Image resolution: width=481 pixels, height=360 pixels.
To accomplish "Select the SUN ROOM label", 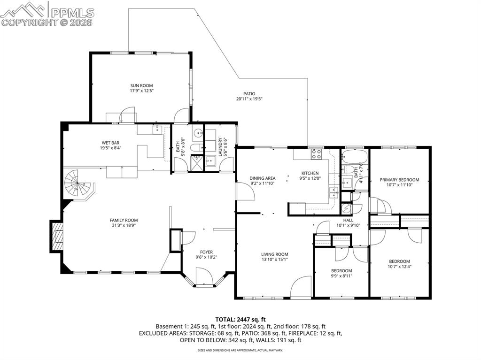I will (x=142, y=85).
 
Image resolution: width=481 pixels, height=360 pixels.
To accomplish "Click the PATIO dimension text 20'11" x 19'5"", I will (x=249, y=99).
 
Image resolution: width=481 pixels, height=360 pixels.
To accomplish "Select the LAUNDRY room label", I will (x=219, y=147).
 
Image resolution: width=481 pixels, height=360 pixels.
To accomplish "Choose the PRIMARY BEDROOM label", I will (x=399, y=179).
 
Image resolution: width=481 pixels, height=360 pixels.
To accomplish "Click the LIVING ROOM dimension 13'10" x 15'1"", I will (x=274, y=260).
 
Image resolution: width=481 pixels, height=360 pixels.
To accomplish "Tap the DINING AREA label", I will (x=263, y=178).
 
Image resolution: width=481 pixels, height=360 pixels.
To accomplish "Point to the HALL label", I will (x=348, y=220).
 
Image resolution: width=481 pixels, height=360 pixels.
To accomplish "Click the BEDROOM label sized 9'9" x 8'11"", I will (x=341, y=270).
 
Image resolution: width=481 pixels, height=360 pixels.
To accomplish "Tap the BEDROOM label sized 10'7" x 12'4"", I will (x=399, y=261).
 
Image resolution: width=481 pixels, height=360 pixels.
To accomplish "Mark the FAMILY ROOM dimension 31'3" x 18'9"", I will (x=124, y=225).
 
